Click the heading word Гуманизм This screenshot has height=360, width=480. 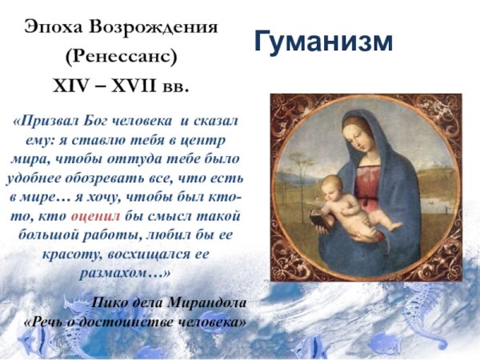(x=324, y=42)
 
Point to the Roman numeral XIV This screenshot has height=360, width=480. (x=70, y=84)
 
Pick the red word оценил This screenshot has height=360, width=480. (x=96, y=216)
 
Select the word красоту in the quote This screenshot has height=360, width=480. (x=61, y=254)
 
